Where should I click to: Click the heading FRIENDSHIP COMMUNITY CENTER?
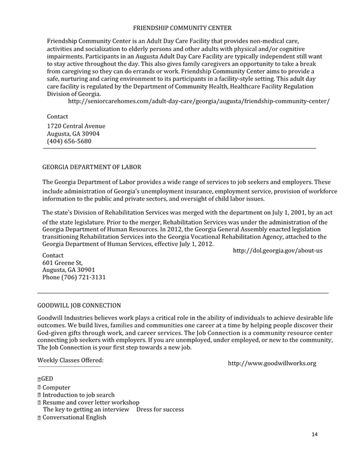click(x=182, y=28)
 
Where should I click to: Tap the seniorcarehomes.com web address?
click(x=199, y=101)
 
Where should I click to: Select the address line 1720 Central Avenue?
click(x=76, y=126)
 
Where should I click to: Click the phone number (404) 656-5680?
click(x=69, y=142)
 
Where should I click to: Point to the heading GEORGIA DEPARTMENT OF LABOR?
click(x=92, y=166)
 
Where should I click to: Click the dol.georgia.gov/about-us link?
click(x=277, y=250)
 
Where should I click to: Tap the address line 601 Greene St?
click(x=62, y=262)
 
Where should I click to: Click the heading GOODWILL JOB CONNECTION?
click(x=79, y=306)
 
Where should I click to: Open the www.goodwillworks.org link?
click(x=272, y=363)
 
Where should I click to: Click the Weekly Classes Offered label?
click(x=70, y=360)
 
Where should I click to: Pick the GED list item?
click(x=47, y=379)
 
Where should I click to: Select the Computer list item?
click(x=56, y=388)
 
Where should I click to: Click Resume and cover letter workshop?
click(x=91, y=402)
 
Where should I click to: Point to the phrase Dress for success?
click(x=160, y=410)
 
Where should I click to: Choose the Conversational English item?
click(x=74, y=417)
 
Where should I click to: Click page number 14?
click(x=316, y=434)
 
